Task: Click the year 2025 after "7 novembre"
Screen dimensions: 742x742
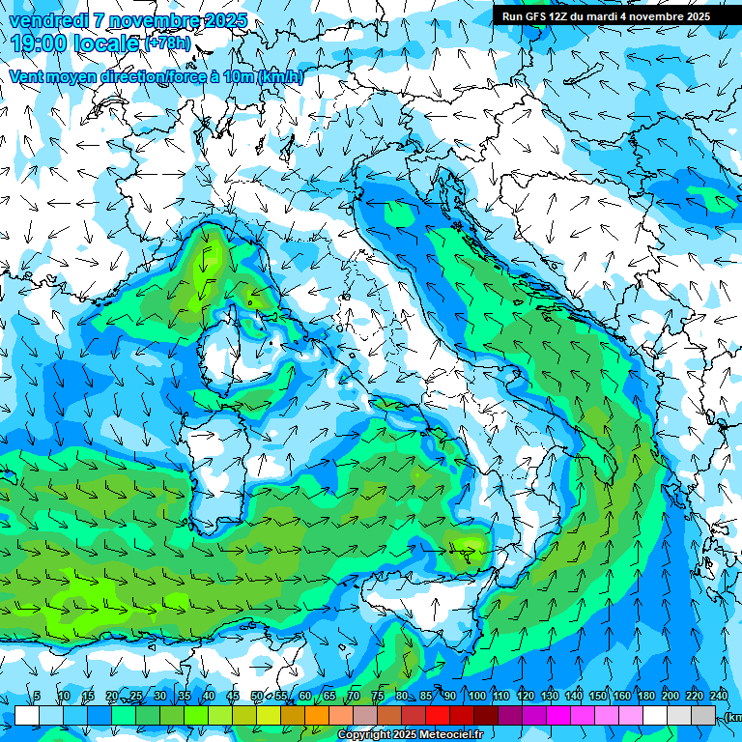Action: click(225, 20)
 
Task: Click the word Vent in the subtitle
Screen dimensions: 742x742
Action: click(27, 76)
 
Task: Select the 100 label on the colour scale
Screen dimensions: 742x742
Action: click(476, 696)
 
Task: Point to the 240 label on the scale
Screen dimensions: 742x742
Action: click(718, 696)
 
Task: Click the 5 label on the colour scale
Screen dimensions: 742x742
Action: click(37, 696)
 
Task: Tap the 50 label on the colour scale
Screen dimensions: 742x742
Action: click(257, 696)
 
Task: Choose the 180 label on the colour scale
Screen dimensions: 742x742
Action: click(645, 696)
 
